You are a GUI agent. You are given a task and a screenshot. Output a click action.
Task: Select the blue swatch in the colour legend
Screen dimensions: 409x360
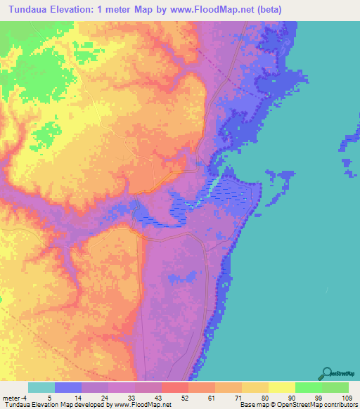click(x=67, y=388)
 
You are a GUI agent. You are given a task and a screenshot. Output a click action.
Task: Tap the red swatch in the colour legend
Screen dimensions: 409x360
click(x=174, y=388)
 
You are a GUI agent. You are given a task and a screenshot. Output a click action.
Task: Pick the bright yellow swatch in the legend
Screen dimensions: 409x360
click(x=281, y=388)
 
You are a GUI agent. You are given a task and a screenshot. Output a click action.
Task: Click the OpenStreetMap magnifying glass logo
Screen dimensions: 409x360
click(x=326, y=372)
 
